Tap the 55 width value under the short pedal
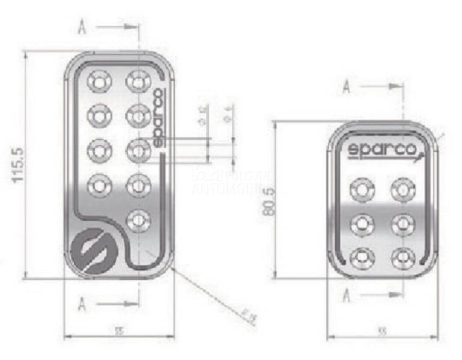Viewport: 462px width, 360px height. [x=382, y=331]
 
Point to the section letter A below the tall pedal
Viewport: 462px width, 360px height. [x=82, y=304]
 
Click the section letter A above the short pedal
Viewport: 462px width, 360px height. [x=346, y=87]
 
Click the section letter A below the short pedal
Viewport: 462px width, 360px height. [x=346, y=295]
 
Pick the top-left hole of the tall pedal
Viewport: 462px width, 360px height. [x=99, y=80]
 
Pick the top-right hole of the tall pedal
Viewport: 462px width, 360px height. [x=138, y=80]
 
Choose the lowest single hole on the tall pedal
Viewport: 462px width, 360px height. [x=138, y=220]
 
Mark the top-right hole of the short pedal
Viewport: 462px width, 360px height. [x=403, y=189]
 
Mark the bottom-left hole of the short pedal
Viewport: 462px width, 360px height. [x=363, y=258]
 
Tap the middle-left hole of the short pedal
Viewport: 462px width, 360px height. [x=363, y=224]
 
